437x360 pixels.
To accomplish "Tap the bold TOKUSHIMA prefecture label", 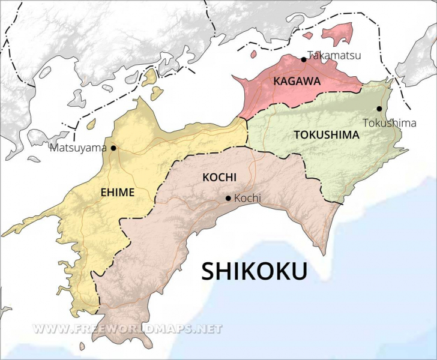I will point(327,135).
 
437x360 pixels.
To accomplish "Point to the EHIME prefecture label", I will point(117,192).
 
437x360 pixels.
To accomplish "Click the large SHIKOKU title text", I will point(254,271).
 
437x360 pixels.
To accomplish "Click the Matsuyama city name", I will point(78,148).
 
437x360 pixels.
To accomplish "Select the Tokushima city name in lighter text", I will point(390,123).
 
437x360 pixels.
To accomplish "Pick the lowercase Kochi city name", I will point(248,198).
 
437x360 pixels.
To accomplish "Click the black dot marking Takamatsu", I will point(304,59).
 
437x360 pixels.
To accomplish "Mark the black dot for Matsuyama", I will point(113,148).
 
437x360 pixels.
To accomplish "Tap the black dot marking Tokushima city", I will point(379,109).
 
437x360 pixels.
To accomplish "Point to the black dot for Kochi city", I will point(228,198).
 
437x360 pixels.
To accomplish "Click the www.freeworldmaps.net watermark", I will point(127,329).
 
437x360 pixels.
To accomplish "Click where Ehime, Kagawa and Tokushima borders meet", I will point(247,118).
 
